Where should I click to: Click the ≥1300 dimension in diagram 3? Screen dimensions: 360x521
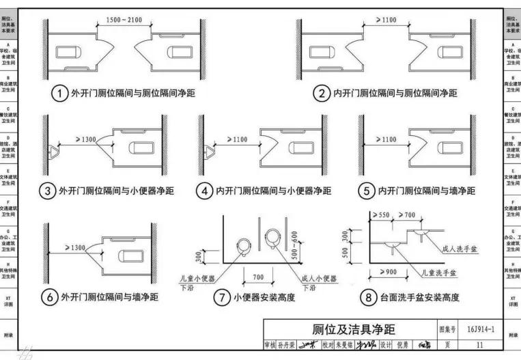tap(81, 139)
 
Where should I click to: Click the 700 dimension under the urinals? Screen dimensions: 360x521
tap(257, 278)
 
